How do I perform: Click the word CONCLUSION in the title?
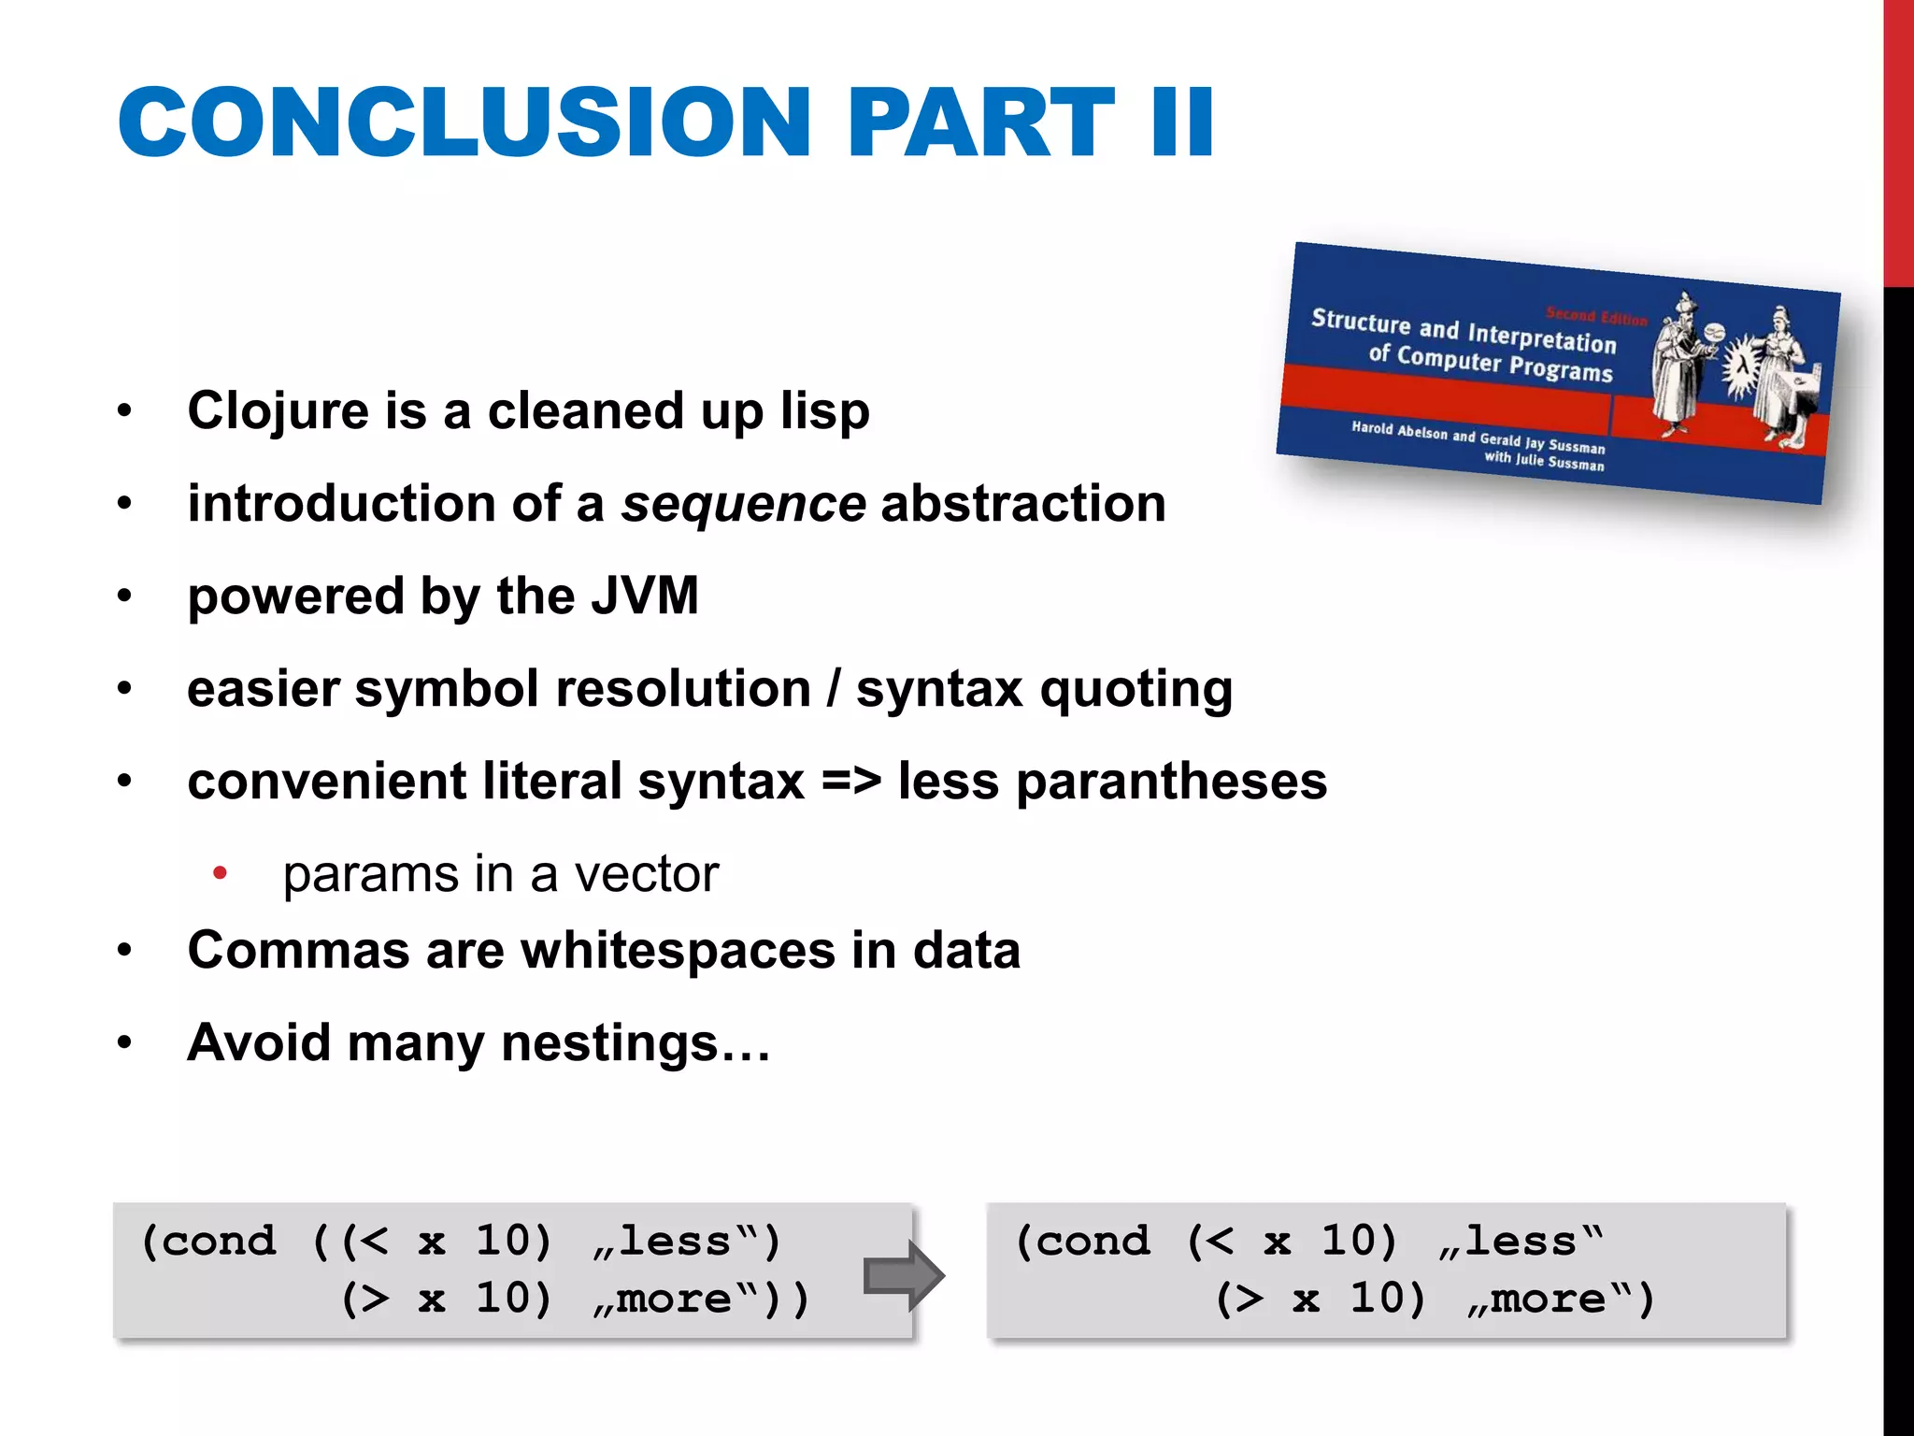(464, 122)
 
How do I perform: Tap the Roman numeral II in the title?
(1182, 122)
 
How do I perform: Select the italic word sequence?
(743, 504)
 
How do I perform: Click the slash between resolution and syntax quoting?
(833, 690)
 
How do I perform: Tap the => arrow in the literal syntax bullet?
(850, 782)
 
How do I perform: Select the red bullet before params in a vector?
(220, 873)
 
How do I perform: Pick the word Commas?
(298, 951)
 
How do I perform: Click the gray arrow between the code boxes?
(903, 1275)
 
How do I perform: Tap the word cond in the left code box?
(220, 1242)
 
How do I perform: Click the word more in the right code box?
(1547, 1299)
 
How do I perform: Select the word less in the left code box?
(674, 1242)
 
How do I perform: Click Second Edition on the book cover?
(1595, 316)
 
